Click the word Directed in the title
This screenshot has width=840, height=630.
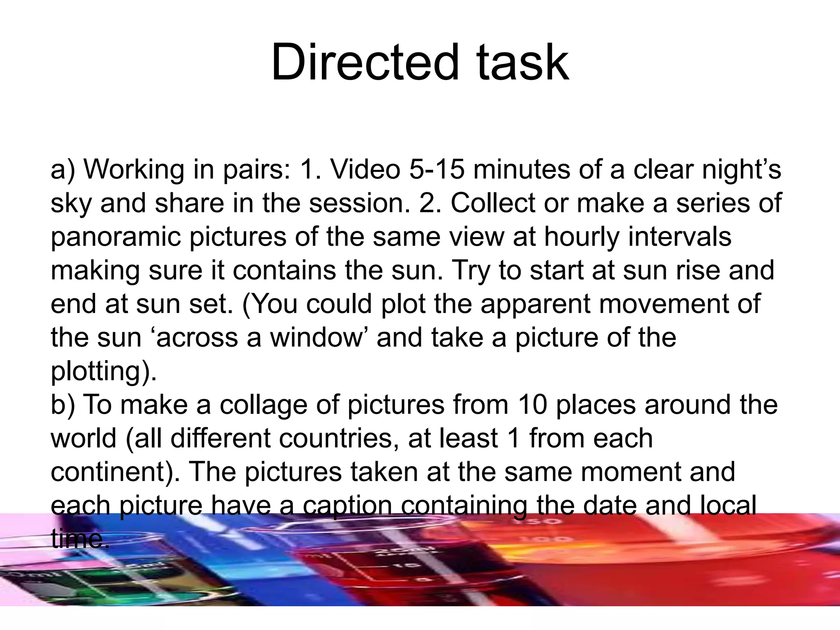click(364, 62)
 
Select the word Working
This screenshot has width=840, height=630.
click(134, 169)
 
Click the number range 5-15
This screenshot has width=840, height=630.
click(437, 169)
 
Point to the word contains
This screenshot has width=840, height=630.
click(285, 270)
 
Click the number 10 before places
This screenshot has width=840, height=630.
click(532, 405)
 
